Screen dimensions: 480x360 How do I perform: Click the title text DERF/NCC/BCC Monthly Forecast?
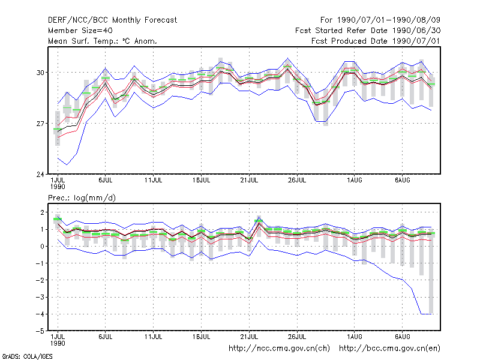coord(112,20)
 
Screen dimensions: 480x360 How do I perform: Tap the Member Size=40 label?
coord(80,31)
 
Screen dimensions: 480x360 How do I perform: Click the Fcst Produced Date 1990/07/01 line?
coord(376,41)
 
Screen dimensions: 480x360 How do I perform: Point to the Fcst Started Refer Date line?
coord(368,31)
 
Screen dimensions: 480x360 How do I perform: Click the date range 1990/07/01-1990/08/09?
coord(389,20)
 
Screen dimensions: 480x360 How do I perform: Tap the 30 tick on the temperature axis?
coord(40,73)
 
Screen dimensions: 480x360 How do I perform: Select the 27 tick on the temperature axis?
coord(40,124)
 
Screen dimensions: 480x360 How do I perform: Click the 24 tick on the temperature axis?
coord(40,175)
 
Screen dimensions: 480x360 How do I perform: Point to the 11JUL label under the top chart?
coord(154,180)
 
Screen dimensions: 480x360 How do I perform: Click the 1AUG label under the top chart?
coord(355,180)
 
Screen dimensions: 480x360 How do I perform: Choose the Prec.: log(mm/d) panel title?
coord(82,198)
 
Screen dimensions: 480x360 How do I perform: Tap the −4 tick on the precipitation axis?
coord(40,314)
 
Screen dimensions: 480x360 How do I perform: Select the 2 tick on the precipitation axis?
coord(43,212)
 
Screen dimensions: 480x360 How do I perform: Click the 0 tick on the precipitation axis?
coord(43,247)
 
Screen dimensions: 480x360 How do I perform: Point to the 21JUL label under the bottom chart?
coord(249,337)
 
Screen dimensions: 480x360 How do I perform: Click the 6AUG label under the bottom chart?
coord(402,337)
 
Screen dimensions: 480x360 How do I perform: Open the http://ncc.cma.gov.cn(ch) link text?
coord(280,349)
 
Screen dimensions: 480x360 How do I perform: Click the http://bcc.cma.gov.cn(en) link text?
coord(389,349)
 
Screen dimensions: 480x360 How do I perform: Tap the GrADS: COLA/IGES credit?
coord(28,356)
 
